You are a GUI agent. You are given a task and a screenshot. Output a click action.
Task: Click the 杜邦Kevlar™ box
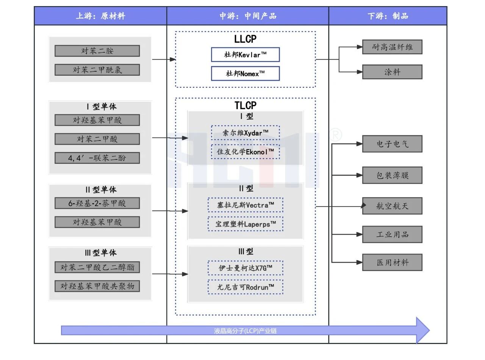[x=245, y=55]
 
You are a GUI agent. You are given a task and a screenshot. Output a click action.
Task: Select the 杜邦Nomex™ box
[x=245, y=74]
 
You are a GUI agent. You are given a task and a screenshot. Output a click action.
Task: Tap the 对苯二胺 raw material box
[x=97, y=51]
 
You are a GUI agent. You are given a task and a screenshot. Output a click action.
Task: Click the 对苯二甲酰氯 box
[x=97, y=70]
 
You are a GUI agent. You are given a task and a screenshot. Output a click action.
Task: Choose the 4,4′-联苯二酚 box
[x=97, y=158]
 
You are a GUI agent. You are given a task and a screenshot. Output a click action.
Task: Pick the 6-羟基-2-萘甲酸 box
[x=97, y=203]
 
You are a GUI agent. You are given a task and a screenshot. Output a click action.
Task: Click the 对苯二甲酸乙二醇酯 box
[x=97, y=267]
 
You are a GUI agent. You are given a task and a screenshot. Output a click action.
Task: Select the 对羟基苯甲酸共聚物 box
[x=97, y=286]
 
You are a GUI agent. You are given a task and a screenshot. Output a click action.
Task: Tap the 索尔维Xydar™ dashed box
[x=245, y=133]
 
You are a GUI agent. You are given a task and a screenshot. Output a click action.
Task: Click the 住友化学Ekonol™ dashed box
[x=245, y=151]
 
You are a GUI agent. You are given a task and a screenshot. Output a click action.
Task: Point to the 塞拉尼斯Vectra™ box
[x=245, y=205]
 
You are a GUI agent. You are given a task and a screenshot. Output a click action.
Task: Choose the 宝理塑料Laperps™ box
[x=245, y=224]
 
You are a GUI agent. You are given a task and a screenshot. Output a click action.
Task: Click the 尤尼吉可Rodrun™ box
[x=245, y=287]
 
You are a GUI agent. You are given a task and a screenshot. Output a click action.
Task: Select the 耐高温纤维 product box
[x=392, y=47]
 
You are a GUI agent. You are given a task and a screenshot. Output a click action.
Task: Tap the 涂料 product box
[x=392, y=72]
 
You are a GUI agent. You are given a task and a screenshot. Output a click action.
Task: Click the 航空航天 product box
[x=392, y=206]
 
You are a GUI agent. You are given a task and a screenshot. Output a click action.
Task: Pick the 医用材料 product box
[x=392, y=262]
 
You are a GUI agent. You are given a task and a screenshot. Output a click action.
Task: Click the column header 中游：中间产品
[x=248, y=16]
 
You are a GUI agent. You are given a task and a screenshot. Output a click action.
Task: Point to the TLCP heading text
[x=245, y=105]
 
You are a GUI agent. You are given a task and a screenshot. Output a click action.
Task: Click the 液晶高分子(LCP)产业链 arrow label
[x=245, y=331]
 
